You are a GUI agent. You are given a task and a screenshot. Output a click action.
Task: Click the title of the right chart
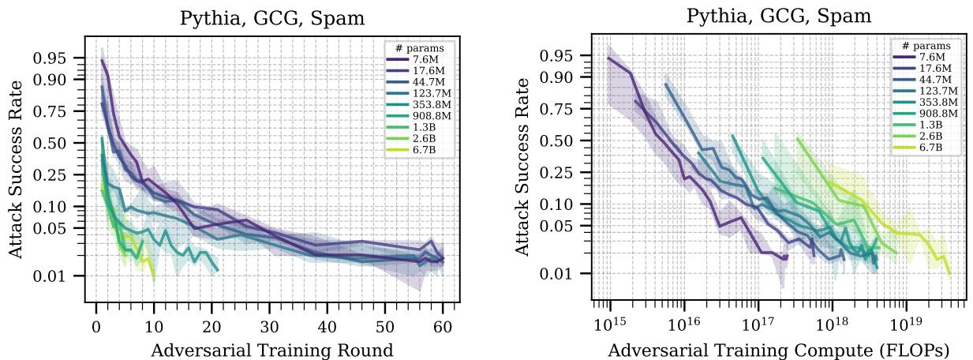click(779, 17)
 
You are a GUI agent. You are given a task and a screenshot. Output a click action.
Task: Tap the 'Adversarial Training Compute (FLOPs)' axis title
click(779, 348)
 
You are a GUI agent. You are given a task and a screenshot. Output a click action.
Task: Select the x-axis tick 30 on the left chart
click(269, 324)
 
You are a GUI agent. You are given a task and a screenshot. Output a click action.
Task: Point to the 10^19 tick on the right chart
click(905, 324)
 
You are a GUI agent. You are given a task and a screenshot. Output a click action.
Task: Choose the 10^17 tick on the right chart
click(758, 324)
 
